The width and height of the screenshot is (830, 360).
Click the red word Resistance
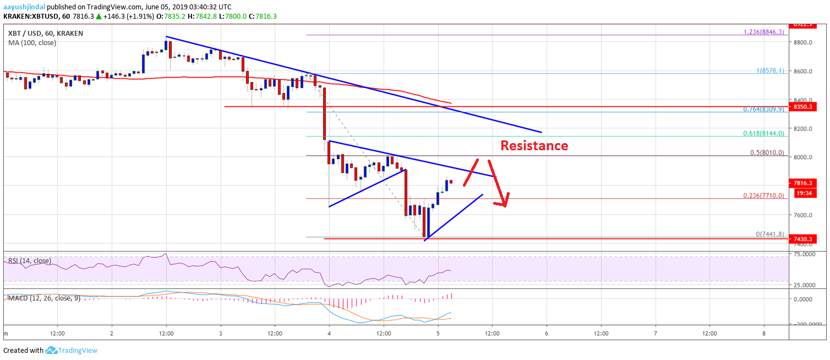click(534, 146)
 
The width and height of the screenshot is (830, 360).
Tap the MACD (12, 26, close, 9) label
click(42, 298)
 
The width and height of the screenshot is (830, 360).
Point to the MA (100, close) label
click(32, 42)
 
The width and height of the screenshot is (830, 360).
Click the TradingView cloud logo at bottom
click(52, 350)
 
